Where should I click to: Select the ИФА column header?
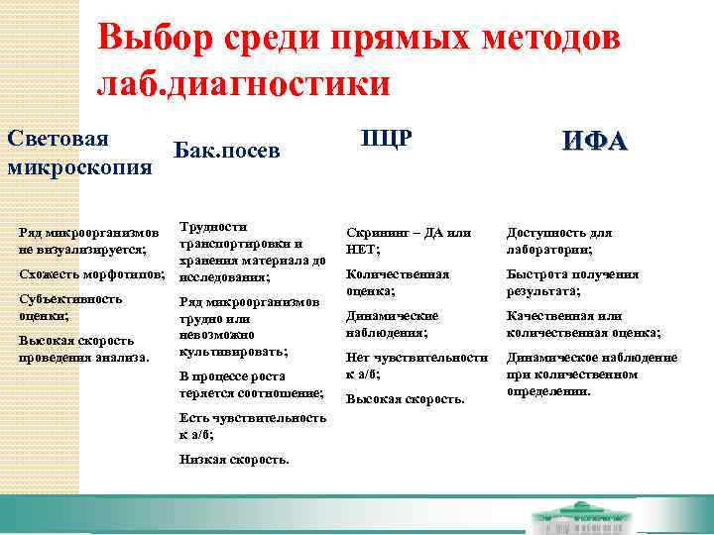[594, 142]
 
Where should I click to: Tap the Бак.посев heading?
[227, 151]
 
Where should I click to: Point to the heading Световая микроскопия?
[79, 152]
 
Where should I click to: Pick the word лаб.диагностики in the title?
[243, 83]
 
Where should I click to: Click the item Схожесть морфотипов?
[90, 272]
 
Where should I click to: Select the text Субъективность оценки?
[70, 306]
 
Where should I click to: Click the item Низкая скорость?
[234, 460]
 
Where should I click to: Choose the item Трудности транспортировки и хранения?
[252, 252]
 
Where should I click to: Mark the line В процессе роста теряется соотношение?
[251, 384]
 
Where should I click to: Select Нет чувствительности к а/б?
[416, 366]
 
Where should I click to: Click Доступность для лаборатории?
[559, 241]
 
